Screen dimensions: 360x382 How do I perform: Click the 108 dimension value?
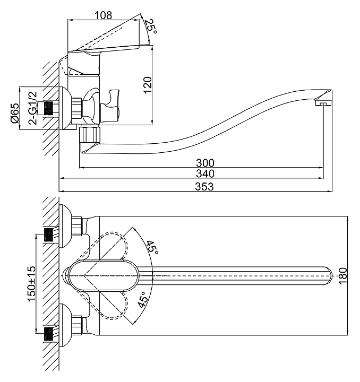104,15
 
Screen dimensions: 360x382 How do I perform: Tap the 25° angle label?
151,27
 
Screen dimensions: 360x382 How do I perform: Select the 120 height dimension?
148,85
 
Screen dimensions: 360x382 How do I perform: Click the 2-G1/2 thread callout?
33,107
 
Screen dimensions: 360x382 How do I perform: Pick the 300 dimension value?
205,163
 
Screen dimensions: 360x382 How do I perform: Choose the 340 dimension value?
205,173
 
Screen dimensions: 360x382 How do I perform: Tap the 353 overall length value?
204,187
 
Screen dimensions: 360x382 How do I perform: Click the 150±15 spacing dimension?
31,284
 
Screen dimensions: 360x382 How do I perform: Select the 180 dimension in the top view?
342,275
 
